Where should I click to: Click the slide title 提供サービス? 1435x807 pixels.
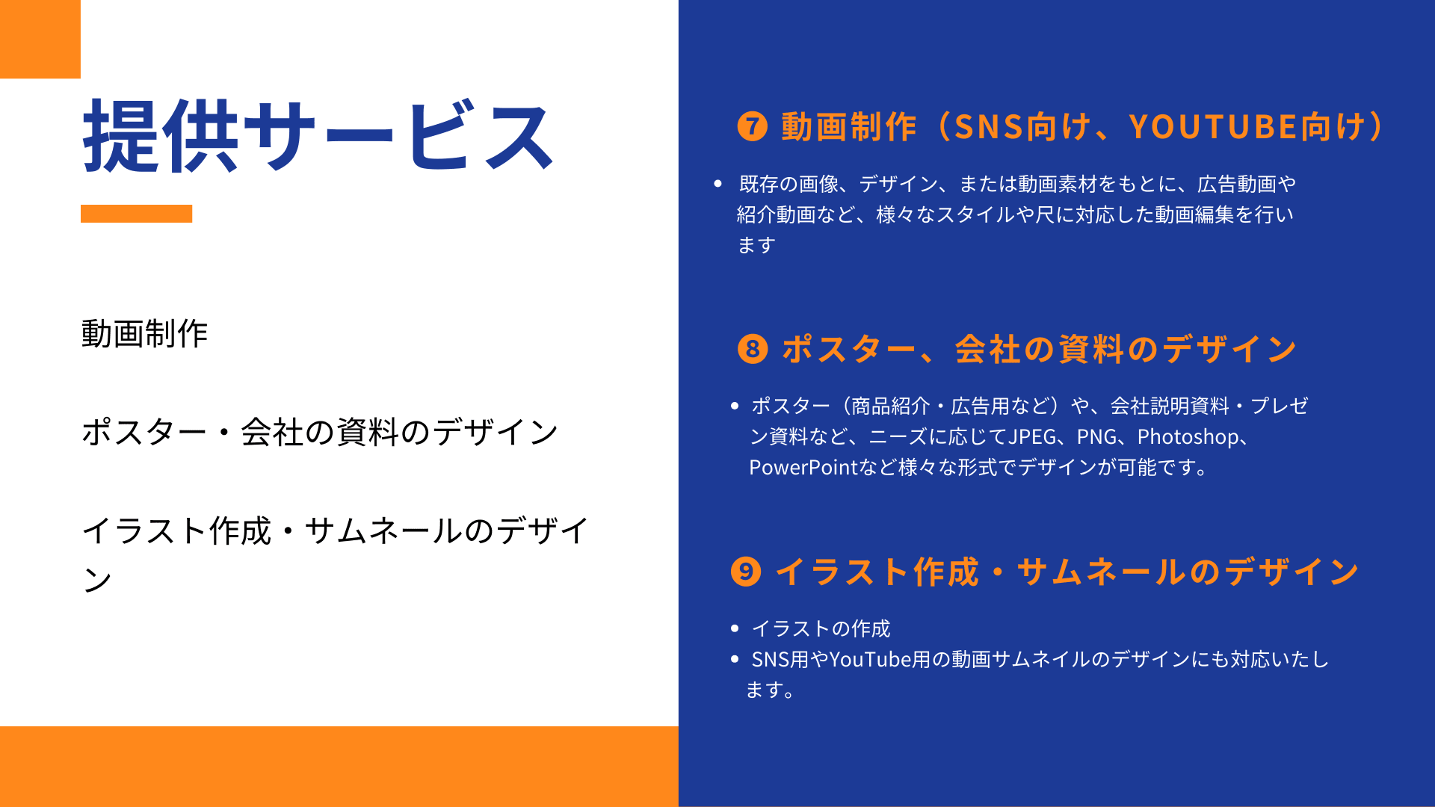[318, 136]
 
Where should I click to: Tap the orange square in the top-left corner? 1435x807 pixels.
[40, 39]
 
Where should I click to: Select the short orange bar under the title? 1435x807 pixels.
[136, 214]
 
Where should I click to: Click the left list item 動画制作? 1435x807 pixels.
[144, 333]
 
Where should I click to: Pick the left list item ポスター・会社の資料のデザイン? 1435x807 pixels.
[320, 432]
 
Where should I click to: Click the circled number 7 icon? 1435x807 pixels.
[752, 126]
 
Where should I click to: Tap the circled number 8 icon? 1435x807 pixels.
[753, 349]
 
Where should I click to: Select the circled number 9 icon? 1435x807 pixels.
[746, 572]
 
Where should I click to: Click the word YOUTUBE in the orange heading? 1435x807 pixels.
[1213, 127]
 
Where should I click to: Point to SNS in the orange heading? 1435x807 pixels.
[989, 127]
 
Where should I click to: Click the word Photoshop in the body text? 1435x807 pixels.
[1188, 436]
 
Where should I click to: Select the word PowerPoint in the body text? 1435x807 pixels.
[803, 467]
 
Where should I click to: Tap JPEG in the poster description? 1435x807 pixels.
[1033, 436]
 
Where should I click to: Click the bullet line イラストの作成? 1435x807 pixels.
[821, 628]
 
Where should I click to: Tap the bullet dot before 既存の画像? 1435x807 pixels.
[718, 184]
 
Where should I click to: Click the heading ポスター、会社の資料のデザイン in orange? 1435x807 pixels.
[1039, 349]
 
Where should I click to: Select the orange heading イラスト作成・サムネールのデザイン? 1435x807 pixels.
[1067, 572]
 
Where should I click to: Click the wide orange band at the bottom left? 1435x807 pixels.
[339, 767]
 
